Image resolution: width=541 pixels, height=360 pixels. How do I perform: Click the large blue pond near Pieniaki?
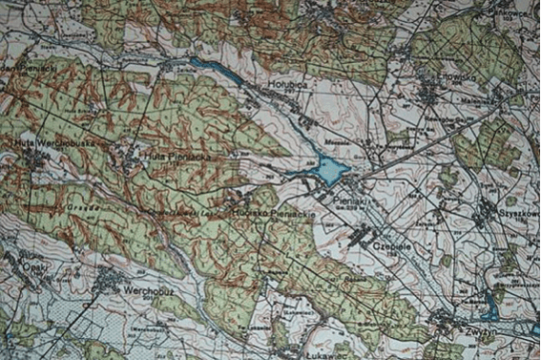point(330,172)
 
